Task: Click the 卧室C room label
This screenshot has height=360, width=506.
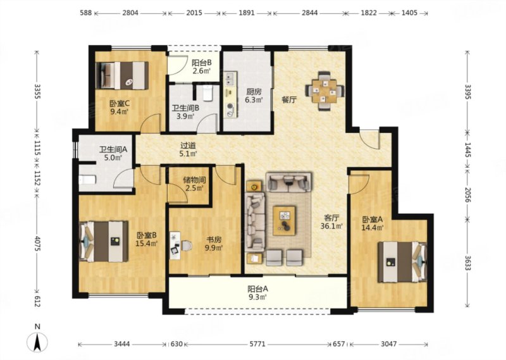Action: click(119, 104)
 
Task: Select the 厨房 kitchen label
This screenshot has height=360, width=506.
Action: click(254, 92)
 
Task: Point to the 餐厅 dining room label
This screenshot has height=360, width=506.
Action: click(288, 100)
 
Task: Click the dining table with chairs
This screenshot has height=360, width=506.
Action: click(324, 90)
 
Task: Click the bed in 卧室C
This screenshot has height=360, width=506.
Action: click(122, 75)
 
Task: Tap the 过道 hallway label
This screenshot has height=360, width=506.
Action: click(188, 146)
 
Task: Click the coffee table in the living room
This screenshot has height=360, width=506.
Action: click(284, 221)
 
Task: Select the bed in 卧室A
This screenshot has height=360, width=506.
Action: click(403, 262)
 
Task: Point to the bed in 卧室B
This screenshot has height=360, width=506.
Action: click(104, 241)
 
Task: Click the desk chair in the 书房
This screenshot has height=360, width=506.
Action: click(186, 246)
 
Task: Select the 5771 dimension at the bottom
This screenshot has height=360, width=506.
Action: click(257, 344)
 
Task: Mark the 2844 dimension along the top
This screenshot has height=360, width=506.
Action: click(309, 13)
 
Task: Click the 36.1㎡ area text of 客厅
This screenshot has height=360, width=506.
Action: click(331, 227)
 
